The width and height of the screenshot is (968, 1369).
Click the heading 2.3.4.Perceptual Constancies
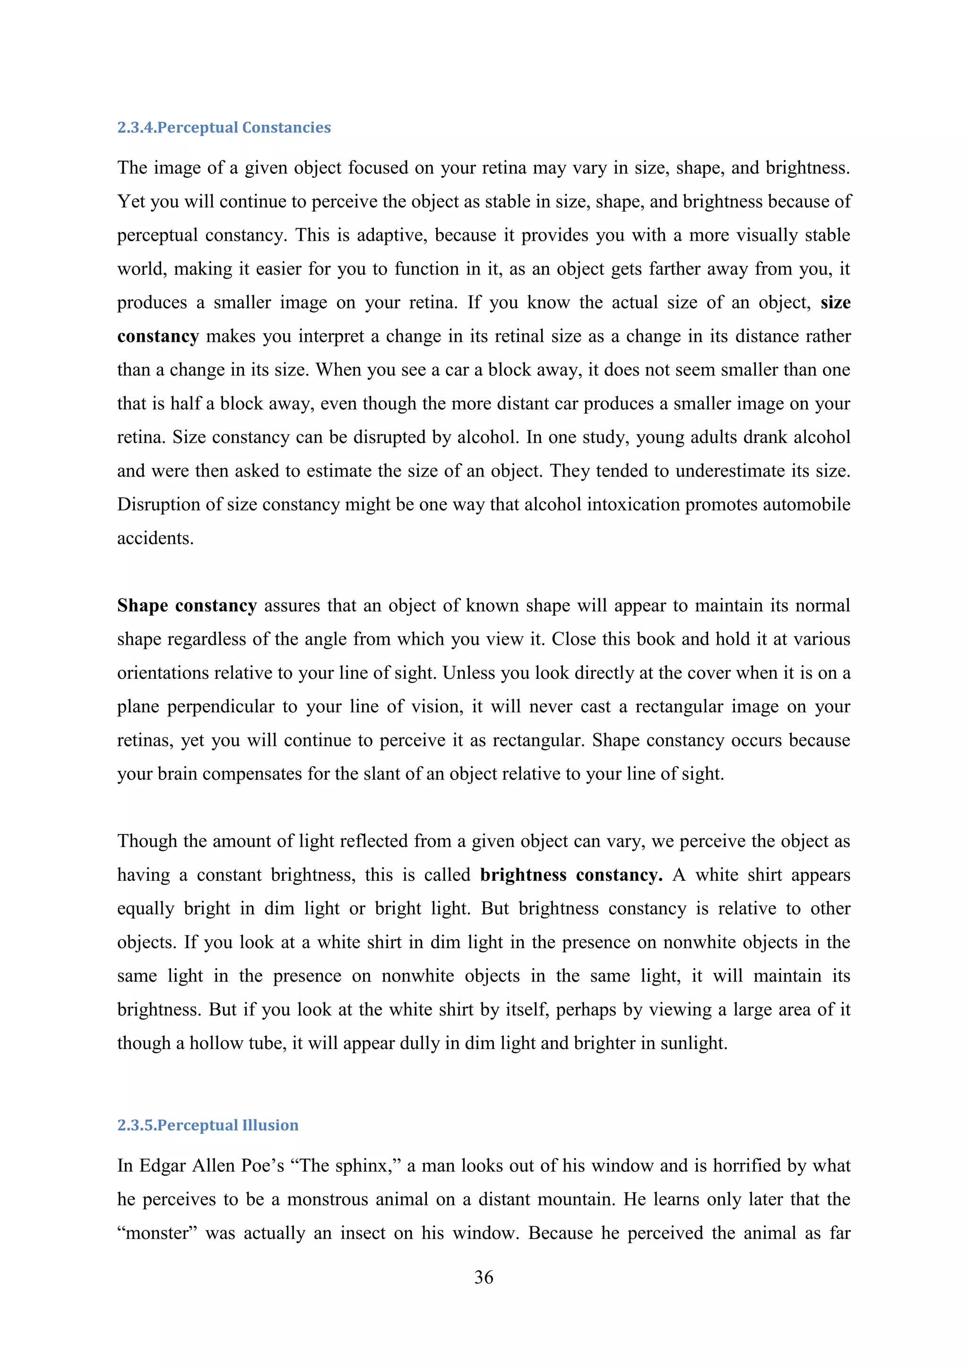pos(224,128)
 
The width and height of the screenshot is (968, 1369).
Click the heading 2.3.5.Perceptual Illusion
pos(207,1125)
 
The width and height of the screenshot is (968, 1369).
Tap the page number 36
pos(484,1277)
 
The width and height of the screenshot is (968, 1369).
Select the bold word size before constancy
pos(835,303)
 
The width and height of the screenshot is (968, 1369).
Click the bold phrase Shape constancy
pos(187,606)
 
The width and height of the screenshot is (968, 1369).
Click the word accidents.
pos(155,538)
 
